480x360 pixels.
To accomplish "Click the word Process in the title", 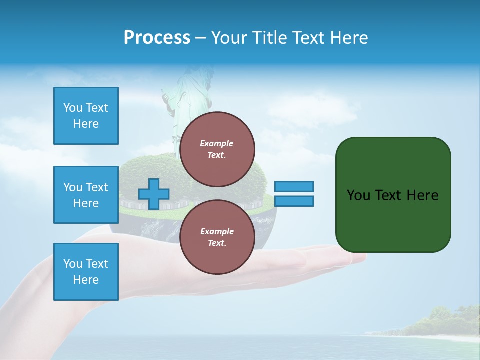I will pos(157,38).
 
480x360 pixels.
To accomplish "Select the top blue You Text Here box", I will pos(86,116).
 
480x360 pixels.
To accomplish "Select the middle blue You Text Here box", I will pos(86,195).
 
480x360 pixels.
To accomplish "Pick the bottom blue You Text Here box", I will pos(86,272).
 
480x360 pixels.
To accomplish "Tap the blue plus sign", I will pos(154,194).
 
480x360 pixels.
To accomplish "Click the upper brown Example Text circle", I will pos(217,149).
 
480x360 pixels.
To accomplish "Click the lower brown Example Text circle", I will pos(217,237).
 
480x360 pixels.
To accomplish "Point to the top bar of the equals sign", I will pos(294,186).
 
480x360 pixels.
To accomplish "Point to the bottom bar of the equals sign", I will pos(294,201).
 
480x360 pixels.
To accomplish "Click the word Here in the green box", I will pos(422,195).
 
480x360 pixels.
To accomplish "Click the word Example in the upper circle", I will pos(217,143).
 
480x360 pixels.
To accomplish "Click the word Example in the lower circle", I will pos(217,231).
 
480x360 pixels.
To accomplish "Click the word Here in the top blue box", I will pos(86,124).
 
